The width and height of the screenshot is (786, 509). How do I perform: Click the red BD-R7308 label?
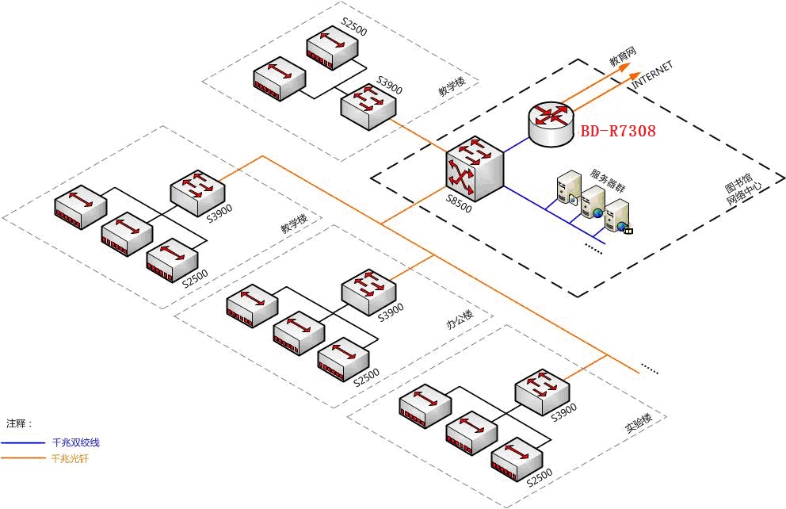click(619, 132)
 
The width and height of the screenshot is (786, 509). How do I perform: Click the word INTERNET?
click(653, 76)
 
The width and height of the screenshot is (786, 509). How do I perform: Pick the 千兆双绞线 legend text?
click(75, 442)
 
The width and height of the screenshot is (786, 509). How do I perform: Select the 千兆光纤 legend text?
click(71, 458)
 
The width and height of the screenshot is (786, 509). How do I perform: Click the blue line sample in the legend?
click(23, 442)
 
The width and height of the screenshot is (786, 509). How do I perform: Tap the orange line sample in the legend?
click(23, 458)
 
